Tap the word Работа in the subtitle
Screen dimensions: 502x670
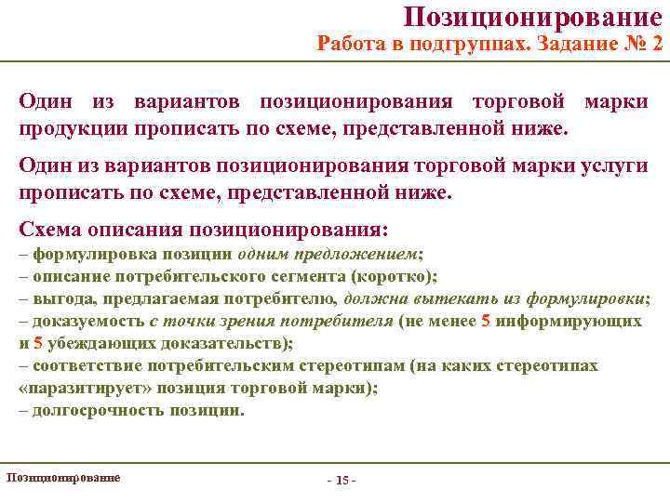tap(351, 43)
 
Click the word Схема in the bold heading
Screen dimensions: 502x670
tap(49, 229)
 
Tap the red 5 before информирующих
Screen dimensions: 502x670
tap(485, 321)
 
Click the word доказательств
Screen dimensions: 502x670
tap(222, 343)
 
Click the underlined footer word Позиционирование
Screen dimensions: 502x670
tap(63, 477)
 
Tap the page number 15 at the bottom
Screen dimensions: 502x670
tap(342, 480)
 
